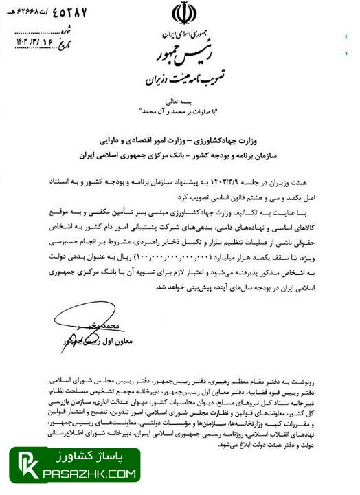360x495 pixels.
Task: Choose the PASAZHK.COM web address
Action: (89, 474)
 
